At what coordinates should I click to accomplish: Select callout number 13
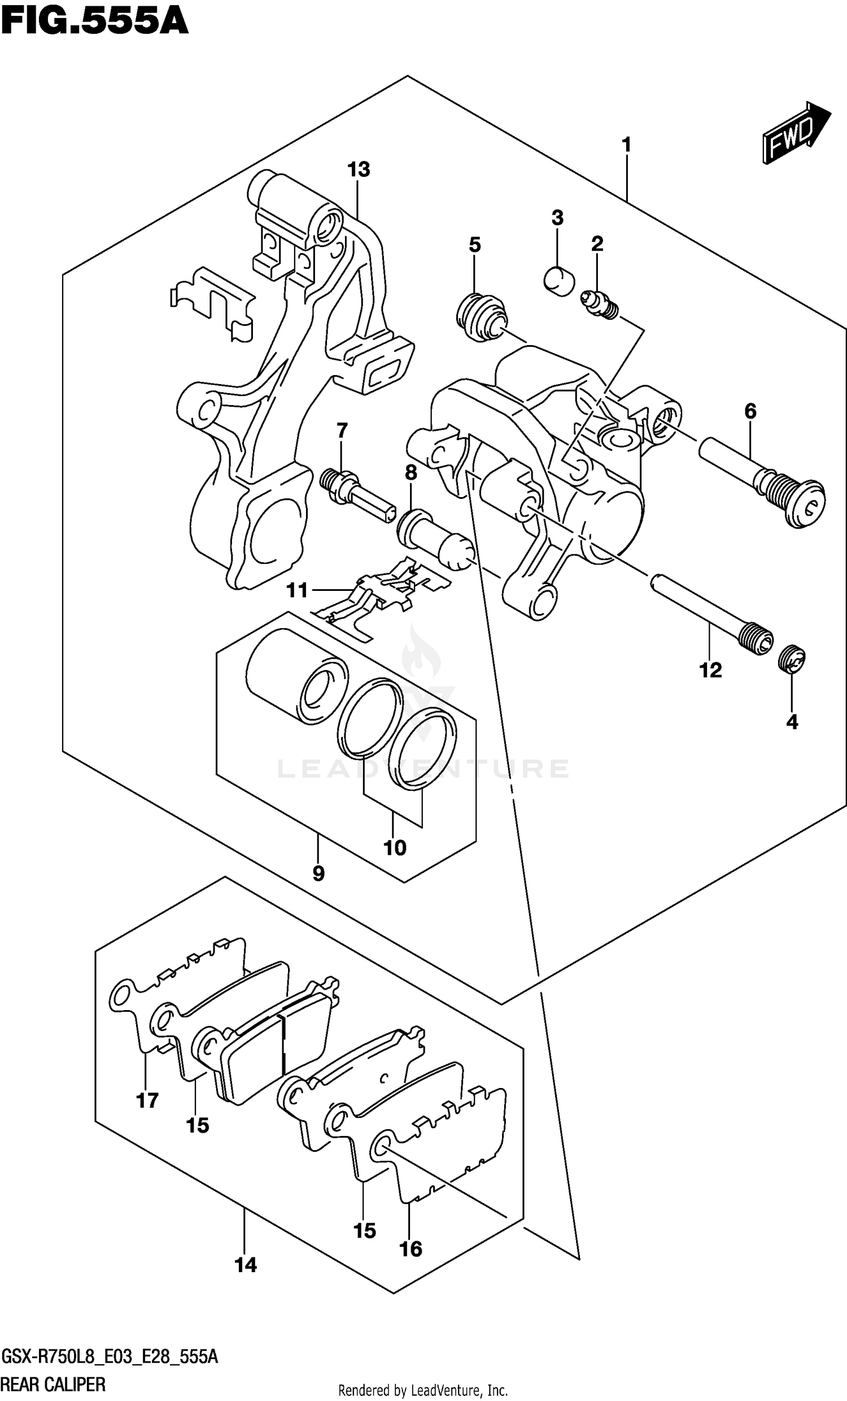pyautogui.click(x=359, y=169)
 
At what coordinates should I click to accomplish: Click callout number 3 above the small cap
pyautogui.click(x=557, y=217)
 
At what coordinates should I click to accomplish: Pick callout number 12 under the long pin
pyautogui.click(x=710, y=670)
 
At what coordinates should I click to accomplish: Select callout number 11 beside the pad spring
pyautogui.click(x=297, y=590)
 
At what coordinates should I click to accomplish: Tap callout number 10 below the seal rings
pyautogui.click(x=395, y=848)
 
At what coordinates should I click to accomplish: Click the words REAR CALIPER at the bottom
pyautogui.click(x=54, y=1384)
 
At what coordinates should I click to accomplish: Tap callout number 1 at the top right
pyautogui.click(x=626, y=145)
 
